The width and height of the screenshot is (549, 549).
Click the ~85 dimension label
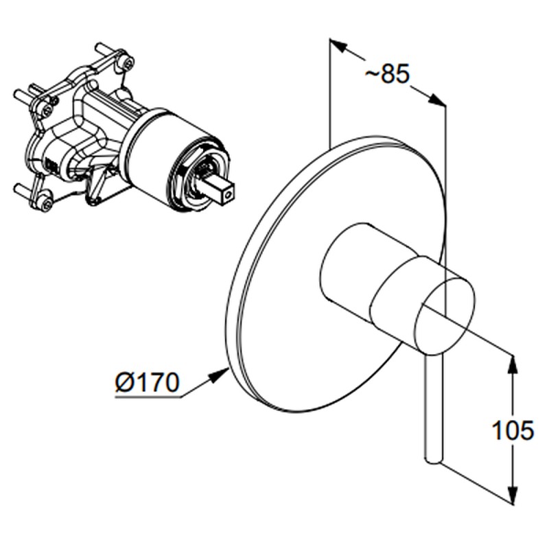tap(387, 73)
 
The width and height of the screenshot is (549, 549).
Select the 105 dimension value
tap(513, 430)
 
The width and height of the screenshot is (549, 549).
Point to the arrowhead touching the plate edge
tap(218, 375)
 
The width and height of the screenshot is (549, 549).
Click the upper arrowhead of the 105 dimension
tap(513, 366)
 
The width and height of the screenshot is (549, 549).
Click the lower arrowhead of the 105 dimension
tap(513, 494)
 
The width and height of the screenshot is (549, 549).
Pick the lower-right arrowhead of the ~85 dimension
tap(438, 100)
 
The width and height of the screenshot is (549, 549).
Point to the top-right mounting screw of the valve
tap(128, 62)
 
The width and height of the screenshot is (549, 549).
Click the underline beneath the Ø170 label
tap(148, 397)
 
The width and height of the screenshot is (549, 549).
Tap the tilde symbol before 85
tap(373, 73)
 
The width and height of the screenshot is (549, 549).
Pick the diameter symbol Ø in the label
tap(124, 382)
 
